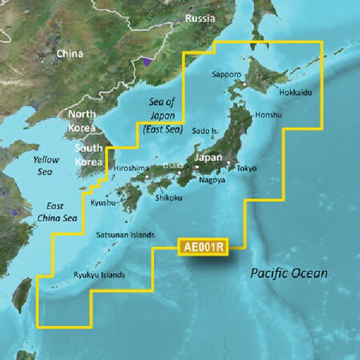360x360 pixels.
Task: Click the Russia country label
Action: (x=200, y=19)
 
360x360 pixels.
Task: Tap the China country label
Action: (x=70, y=54)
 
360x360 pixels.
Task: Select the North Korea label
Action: (x=82, y=120)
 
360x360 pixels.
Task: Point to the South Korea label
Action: (x=88, y=154)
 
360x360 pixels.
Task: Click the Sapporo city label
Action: (x=226, y=74)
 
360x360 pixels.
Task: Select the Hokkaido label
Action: (x=295, y=93)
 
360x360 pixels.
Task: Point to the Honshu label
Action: (x=268, y=115)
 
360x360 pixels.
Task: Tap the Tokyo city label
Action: (x=246, y=169)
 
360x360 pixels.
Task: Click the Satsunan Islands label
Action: (x=125, y=235)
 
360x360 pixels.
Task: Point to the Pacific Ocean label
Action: (x=289, y=274)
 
